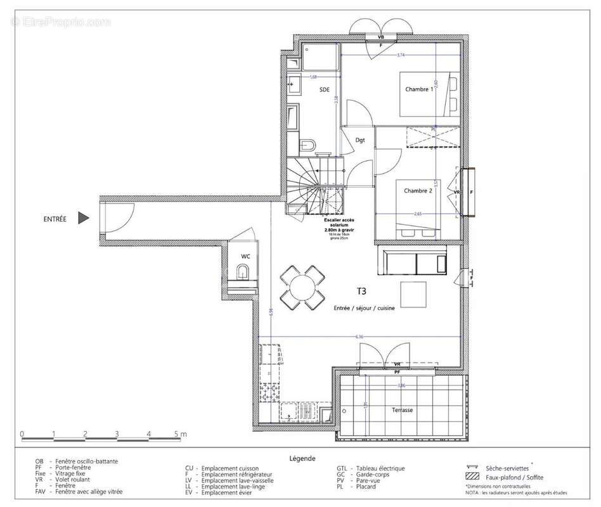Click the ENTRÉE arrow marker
click(x=83, y=219)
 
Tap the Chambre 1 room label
click(x=419, y=89)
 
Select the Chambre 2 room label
click(x=418, y=191)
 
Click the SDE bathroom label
click(x=325, y=90)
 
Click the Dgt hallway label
click(x=359, y=140)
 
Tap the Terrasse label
click(x=402, y=410)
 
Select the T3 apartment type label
click(x=361, y=292)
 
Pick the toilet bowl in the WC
click(x=243, y=273)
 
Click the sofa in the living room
click(x=412, y=262)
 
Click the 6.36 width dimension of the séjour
click(x=359, y=337)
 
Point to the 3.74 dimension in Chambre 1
click(x=400, y=56)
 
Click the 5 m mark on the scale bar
click(x=179, y=434)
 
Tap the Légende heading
click(x=302, y=458)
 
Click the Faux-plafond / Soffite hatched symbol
click(x=472, y=477)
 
